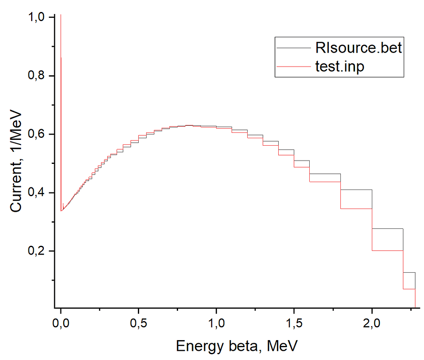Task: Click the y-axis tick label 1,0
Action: click(x=36, y=17)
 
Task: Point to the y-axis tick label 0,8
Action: click(x=36, y=75)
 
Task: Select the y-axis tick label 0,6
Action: click(x=36, y=134)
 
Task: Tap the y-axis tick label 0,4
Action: click(x=36, y=193)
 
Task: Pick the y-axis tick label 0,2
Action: click(x=36, y=251)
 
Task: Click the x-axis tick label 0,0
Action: click(x=61, y=323)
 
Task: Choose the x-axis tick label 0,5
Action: click(x=138, y=323)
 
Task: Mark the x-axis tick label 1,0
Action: click(x=216, y=323)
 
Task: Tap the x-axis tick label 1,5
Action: click(x=294, y=323)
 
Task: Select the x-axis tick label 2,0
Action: click(x=372, y=323)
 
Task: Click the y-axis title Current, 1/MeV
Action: click(x=16, y=161)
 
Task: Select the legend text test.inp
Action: click(x=340, y=67)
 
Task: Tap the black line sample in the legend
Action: click(x=294, y=48)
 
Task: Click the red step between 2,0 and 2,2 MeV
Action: click(x=388, y=250)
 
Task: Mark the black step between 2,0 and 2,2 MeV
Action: click(x=388, y=229)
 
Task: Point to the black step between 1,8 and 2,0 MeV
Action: click(x=356, y=190)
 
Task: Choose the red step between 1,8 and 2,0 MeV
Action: click(x=356, y=209)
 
